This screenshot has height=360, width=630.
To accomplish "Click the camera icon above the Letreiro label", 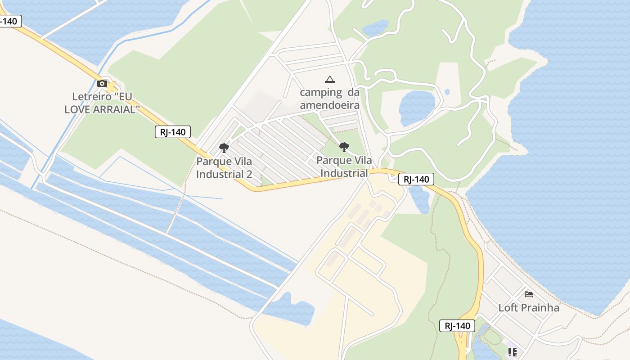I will (102, 83).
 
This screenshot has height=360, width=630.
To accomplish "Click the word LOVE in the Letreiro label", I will (78, 109).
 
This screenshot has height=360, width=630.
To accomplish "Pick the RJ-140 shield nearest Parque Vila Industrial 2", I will (173, 132).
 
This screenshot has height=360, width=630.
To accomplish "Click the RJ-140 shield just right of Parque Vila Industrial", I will (416, 179).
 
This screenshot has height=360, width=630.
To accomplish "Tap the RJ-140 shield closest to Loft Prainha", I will (457, 326).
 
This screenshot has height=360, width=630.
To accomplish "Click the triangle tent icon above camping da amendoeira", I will (330, 80).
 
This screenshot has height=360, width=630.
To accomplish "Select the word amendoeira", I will (329, 105).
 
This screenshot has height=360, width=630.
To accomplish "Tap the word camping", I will (321, 93).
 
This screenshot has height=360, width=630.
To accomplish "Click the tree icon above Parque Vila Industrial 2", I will (224, 148).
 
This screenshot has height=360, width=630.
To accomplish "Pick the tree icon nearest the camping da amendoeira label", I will (344, 147).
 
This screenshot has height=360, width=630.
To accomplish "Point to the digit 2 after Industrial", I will (249, 174).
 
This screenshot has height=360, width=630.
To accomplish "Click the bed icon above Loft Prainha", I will (529, 294).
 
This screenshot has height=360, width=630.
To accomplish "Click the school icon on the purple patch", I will (512, 352).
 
